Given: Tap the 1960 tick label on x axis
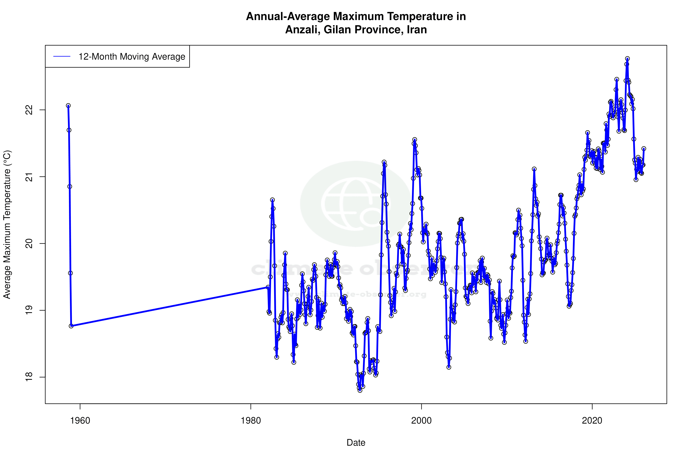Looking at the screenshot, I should coord(80,421).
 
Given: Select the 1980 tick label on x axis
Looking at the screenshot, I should coord(251,421).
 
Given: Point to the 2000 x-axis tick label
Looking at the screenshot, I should coord(422,421).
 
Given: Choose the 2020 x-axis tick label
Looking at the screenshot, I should coord(592,421).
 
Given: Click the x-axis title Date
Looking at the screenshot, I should coord(356,443).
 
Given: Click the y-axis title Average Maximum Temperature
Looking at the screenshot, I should coord(7,224).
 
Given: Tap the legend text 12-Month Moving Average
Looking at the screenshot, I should coord(132,57).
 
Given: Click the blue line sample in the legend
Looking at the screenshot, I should coord(62,57).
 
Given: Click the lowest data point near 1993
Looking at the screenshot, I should coord(360,390).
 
